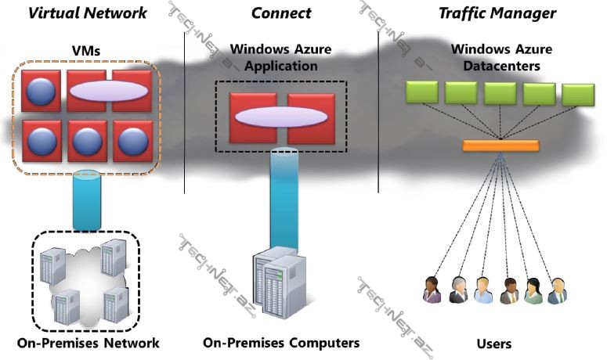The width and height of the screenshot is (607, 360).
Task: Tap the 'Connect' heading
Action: [280, 13]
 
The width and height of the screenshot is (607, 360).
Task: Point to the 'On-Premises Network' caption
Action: [87, 343]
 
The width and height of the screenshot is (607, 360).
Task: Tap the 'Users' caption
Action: [493, 343]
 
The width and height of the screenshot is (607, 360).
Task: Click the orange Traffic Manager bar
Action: [500, 146]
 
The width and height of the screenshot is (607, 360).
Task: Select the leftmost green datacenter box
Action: [422, 93]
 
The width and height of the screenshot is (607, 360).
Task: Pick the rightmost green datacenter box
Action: [579, 93]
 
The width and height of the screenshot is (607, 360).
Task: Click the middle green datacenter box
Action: [500, 93]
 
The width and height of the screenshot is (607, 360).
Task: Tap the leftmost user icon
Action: [432, 290]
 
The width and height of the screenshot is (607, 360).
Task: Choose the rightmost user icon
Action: [556, 290]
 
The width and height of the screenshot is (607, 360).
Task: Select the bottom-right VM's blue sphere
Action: [131, 141]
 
